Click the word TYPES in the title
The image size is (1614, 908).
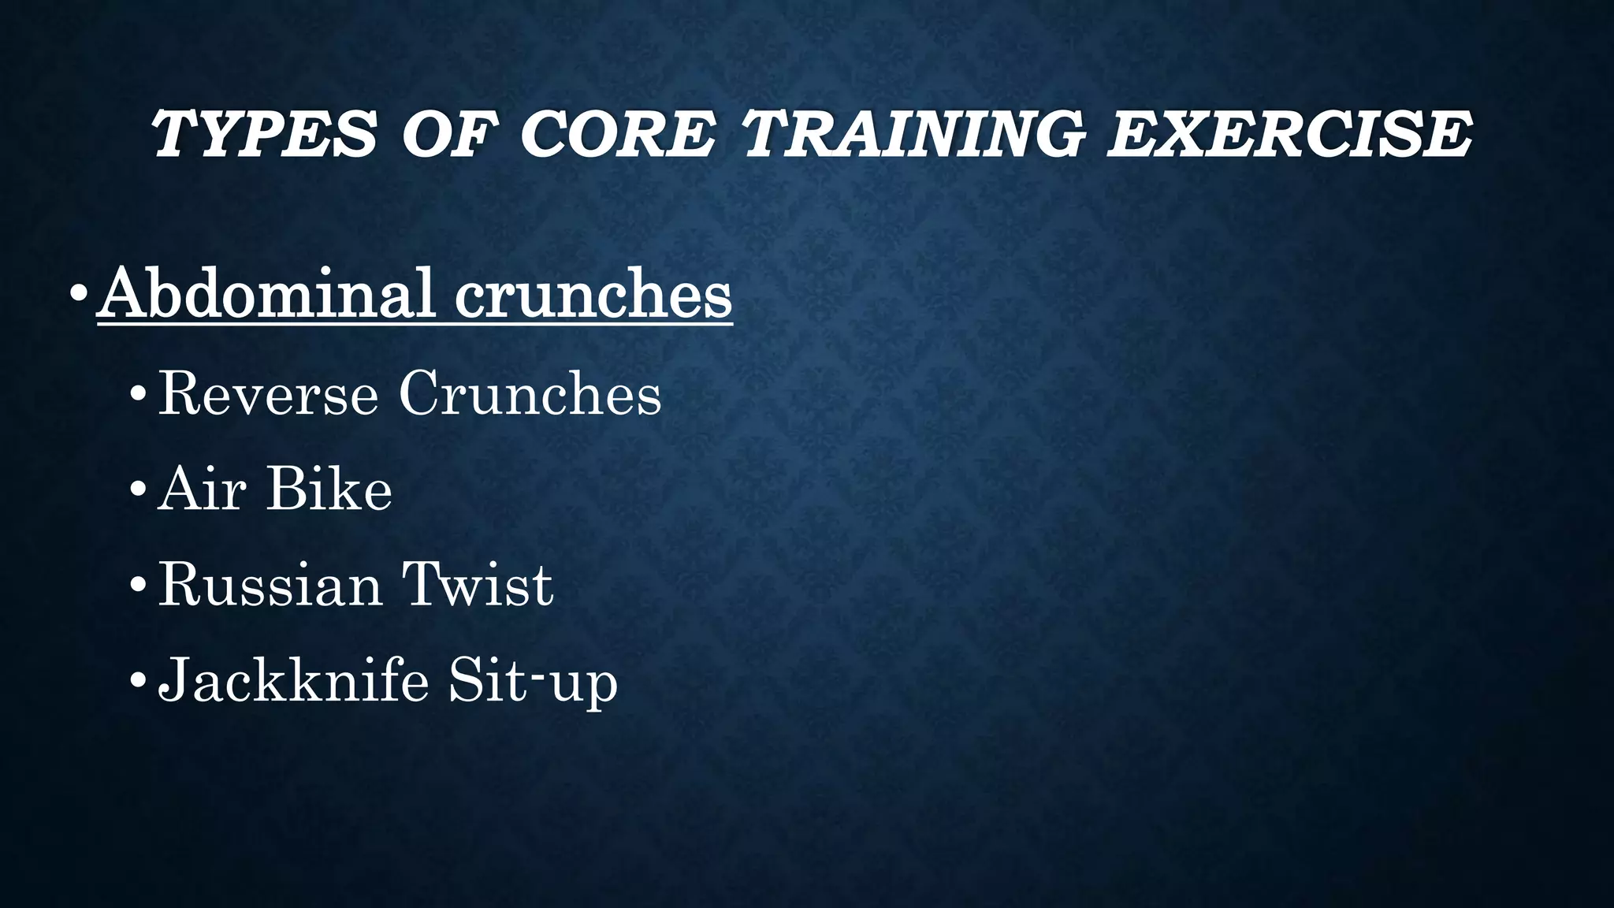[x=264, y=133]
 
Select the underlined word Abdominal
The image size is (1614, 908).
[x=268, y=294]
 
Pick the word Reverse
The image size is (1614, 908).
[x=268, y=393]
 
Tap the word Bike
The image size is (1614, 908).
[x=329, y=489]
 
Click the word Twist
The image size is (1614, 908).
[x=478, y=585]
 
